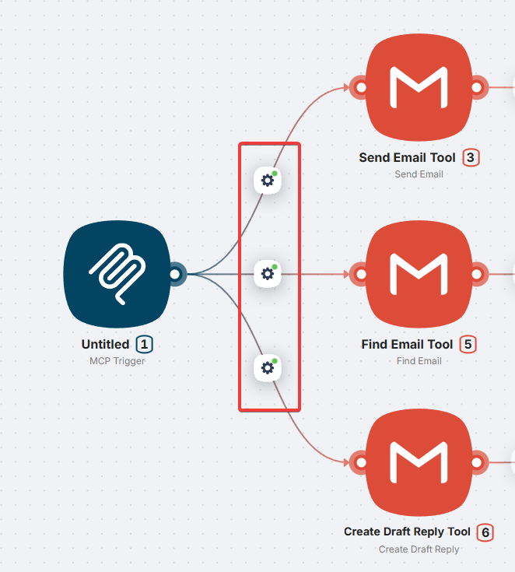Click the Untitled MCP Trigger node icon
point(117,274)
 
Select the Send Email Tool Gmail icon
point(419,86)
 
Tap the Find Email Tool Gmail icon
point(419,274)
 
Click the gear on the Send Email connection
point(268,181)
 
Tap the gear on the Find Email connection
point(268,274)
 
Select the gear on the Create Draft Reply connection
point(268,367)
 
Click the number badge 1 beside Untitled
point(144,344)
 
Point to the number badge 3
point(470,157)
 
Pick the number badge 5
point(468,344)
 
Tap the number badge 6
point(485,532)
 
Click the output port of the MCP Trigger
point(176,274)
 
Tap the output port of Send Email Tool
point(478,86)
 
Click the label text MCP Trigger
point(117,360)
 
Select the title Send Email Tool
point(407,157)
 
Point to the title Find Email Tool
point(407,344)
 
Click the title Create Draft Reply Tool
point(407,532)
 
